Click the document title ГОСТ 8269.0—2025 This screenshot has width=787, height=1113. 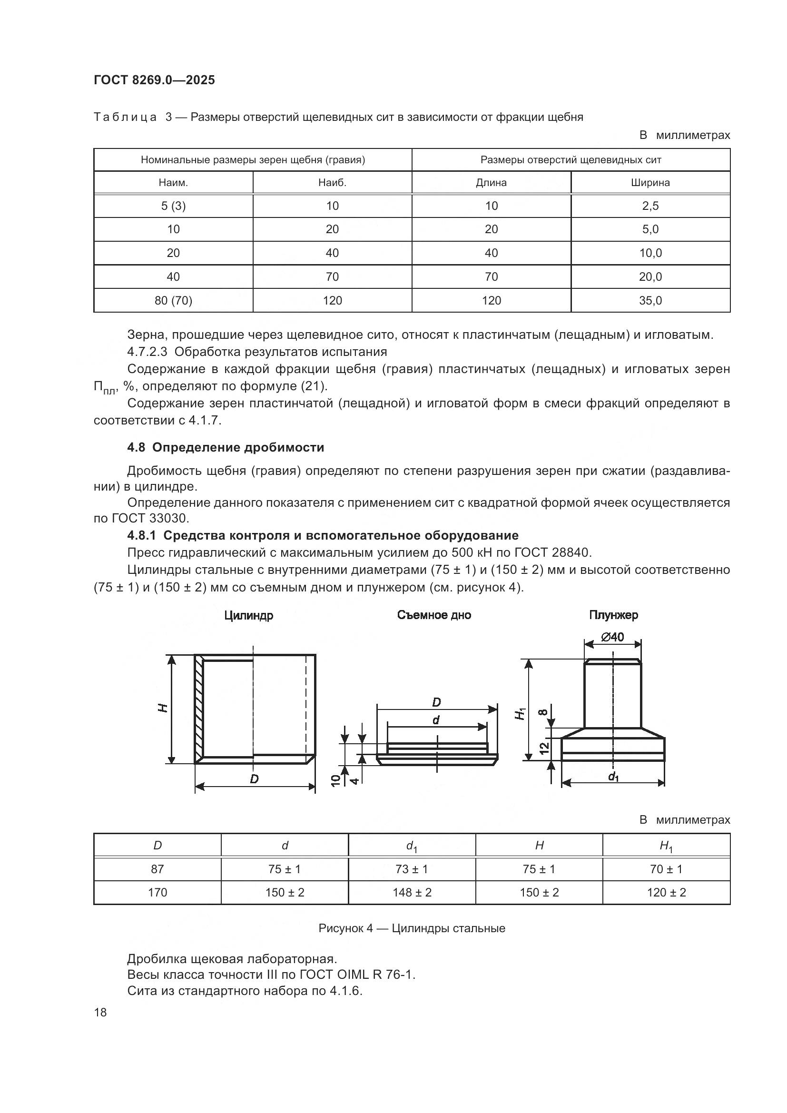coord(154,80)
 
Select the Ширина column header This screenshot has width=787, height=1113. coord(650,183)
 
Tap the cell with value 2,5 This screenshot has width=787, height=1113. coord(650,206)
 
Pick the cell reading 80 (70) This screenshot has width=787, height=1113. coord(173,301)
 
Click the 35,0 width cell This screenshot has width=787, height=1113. coord(650,301)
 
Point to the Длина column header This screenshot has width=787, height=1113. coord(491,183)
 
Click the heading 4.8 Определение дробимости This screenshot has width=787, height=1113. coord(226,447)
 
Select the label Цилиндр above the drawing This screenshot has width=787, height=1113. coord(248,616)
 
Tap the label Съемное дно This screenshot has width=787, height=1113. coord(434,615)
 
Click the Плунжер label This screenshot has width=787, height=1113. coord(613,615)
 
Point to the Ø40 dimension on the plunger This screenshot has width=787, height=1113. coord(612,637)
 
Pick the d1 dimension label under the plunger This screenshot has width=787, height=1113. coord(613,777)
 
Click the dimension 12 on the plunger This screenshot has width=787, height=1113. coord(544,748)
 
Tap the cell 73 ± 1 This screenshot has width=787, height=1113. coord(412,869)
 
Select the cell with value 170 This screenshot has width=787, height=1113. coord(157,892)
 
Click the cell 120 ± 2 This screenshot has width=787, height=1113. coord(666,892)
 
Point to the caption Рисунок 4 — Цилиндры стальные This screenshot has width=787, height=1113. coord(412,928)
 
